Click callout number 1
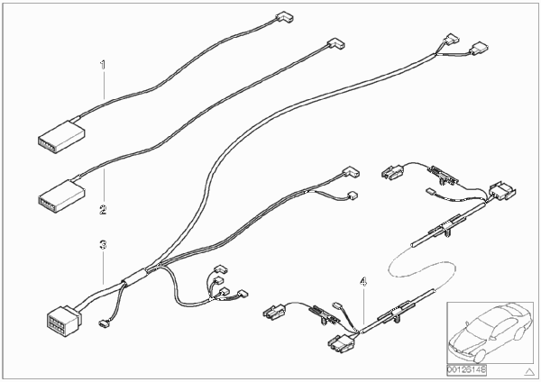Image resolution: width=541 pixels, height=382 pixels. [x=103, y=65]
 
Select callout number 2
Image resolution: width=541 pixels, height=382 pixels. [x=103, y=209]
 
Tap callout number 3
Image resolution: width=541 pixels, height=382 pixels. [x=103, y=245]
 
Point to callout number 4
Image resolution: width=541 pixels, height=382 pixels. [x=363, y=282]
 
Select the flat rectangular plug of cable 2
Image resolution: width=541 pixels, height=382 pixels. [x=61, y=195]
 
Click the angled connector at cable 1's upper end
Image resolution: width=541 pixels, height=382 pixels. [x=284, y=17]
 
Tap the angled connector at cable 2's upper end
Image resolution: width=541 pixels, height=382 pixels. [x=335, y=44]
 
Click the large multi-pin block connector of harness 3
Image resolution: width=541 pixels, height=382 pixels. [x=63, y=322]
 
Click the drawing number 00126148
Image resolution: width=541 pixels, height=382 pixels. [x=466, y=370]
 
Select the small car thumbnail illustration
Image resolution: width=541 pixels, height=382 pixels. [x=490, y=332]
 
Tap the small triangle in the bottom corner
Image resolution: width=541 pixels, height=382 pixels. [x=529, y=372]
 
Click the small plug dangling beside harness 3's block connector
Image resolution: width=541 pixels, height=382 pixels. [x=103, y=323]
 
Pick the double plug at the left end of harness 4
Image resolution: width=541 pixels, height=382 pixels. [x=275, y=312]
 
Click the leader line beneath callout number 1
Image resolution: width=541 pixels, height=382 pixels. [x=103, y=85]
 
